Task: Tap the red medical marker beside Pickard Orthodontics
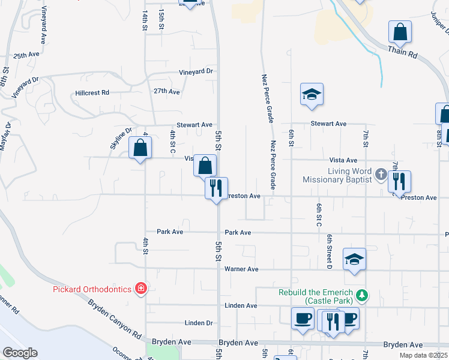140,289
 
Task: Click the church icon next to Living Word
381,175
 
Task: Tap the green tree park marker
361,295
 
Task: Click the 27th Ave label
166,92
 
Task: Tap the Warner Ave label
241,269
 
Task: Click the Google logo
20,353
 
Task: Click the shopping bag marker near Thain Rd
400,32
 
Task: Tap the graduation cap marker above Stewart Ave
312,94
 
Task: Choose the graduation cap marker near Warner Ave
354,259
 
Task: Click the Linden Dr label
199,323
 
